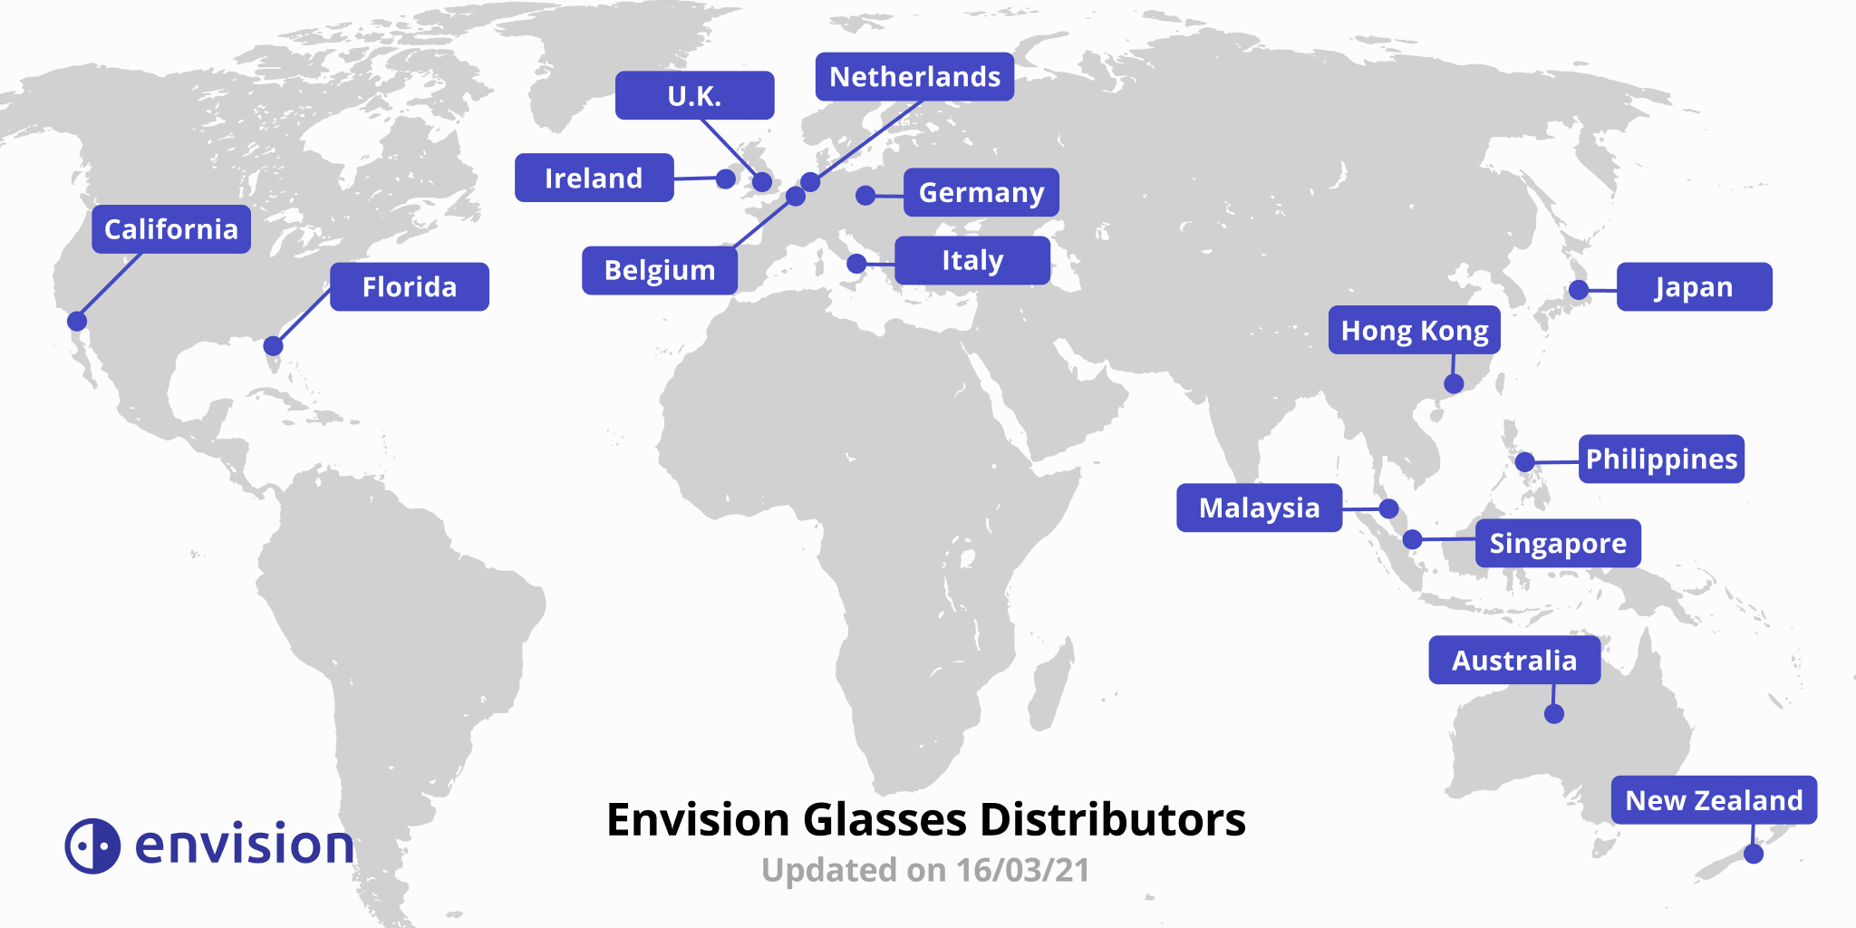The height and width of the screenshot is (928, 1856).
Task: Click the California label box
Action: [x=171, y=229]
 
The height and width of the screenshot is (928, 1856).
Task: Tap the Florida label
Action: [x=409, y=287]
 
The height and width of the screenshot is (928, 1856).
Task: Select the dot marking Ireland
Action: [x=725, y=179]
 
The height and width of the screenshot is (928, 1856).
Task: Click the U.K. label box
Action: [x=694, y=96]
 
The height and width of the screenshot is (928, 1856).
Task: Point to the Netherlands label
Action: [x=914, y=77]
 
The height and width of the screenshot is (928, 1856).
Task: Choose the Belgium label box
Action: [x=659, y=270]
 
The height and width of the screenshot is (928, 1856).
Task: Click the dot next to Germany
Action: [x=865, y=195]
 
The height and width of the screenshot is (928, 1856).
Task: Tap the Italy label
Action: [x=971, y=261]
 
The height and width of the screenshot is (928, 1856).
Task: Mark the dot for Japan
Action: [x=1579, y=290]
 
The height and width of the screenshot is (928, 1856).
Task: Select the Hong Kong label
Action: [x=1414, y=331]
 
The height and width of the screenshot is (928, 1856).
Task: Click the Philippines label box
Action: [x=1661, y=459]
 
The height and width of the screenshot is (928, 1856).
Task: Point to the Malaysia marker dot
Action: [x=1388, y=508]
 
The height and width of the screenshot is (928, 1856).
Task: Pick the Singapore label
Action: [x=1557, y=544]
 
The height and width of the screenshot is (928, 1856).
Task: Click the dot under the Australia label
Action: [x=1554, y=714]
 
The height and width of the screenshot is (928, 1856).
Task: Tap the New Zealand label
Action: [x=1714, y=800]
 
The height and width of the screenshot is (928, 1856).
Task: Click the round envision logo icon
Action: [x=92, y=846]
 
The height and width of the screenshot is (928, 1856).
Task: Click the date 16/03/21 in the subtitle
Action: [x=1022, y=870]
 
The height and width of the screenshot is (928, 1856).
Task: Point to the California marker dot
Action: [x=77, y=321]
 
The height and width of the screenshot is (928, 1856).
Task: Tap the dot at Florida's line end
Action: [x=273, y=346]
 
